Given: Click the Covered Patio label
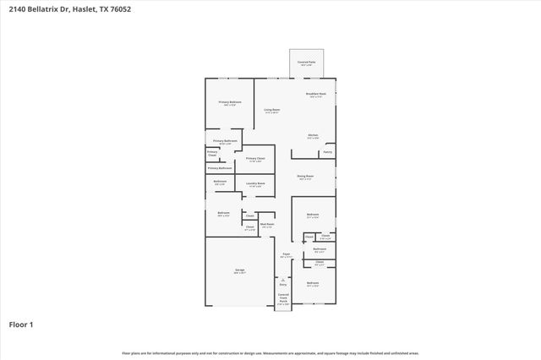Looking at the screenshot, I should [306, 63].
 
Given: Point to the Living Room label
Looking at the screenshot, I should [271, 110].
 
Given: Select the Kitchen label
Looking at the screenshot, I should [312, 136].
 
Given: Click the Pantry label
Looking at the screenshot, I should [327, 152].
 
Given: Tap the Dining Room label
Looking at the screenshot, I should [305, 177].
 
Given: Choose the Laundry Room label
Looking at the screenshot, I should [256, 183].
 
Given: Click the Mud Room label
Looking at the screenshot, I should [266, 224].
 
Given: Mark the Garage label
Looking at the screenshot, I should [240, 270].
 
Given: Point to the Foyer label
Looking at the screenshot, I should [286, 254].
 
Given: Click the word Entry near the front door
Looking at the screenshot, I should [283, 286].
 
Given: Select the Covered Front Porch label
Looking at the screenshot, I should [283, 298].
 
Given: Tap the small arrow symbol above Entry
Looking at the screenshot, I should [283, 280].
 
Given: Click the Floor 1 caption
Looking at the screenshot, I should [21, 324].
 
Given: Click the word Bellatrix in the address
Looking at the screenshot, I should [41, 10].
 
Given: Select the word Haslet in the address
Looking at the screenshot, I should [82, 10].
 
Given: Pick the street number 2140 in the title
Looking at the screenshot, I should [17, 10].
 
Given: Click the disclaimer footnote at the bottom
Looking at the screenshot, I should [270, 352].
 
